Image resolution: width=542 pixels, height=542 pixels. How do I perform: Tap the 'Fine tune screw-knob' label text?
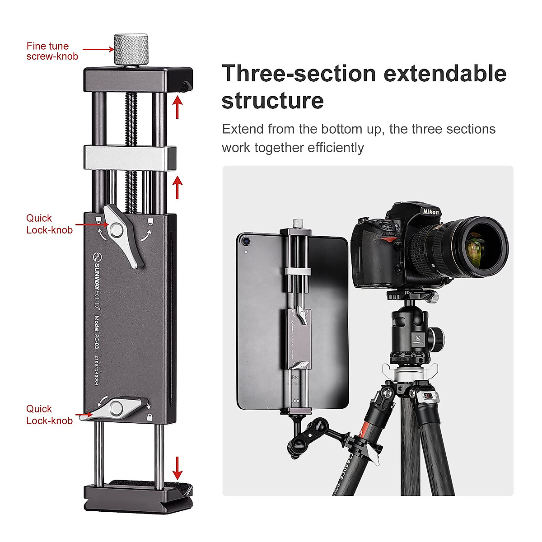51,51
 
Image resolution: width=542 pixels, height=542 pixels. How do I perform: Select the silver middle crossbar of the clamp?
130,158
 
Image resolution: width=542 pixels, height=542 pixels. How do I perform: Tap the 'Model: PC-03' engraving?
96,332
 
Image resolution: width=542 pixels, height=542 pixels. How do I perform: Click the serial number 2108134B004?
96,370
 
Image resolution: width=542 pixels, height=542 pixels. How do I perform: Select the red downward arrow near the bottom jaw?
178,468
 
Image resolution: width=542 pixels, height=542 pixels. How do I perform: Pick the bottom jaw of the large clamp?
138,497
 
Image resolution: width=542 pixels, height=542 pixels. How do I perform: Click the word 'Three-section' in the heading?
299,74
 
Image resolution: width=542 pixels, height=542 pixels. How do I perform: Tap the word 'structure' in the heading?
272,100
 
